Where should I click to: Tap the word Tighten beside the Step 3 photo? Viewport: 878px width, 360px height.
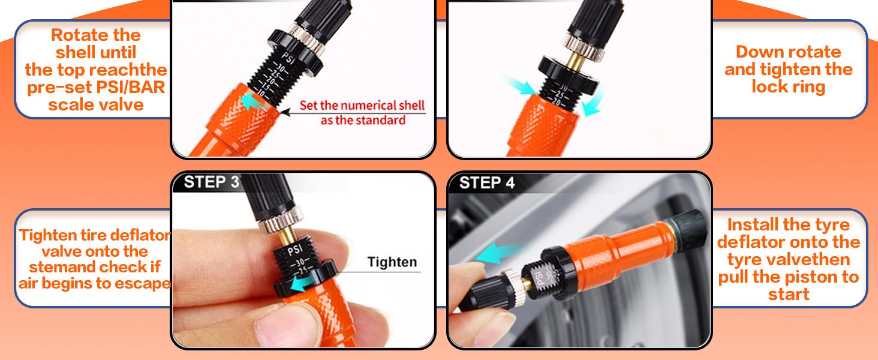(x=392, y=262)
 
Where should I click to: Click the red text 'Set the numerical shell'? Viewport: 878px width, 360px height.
(x=356, y=106)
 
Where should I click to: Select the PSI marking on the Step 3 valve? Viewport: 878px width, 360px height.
(x=295, y=250)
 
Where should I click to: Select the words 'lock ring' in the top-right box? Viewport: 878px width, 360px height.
(x=788, y=87)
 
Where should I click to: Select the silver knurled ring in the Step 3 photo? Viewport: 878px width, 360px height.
(x=278, y=225)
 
